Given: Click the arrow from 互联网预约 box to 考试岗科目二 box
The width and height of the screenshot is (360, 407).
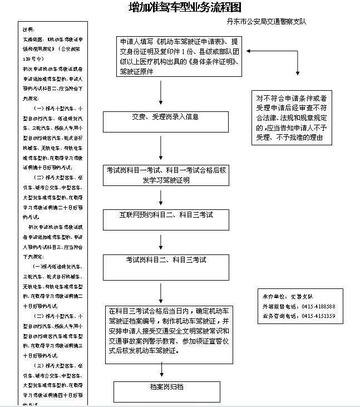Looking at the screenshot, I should coord(161,242).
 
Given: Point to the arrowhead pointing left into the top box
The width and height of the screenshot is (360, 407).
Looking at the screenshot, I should coord(249,51).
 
